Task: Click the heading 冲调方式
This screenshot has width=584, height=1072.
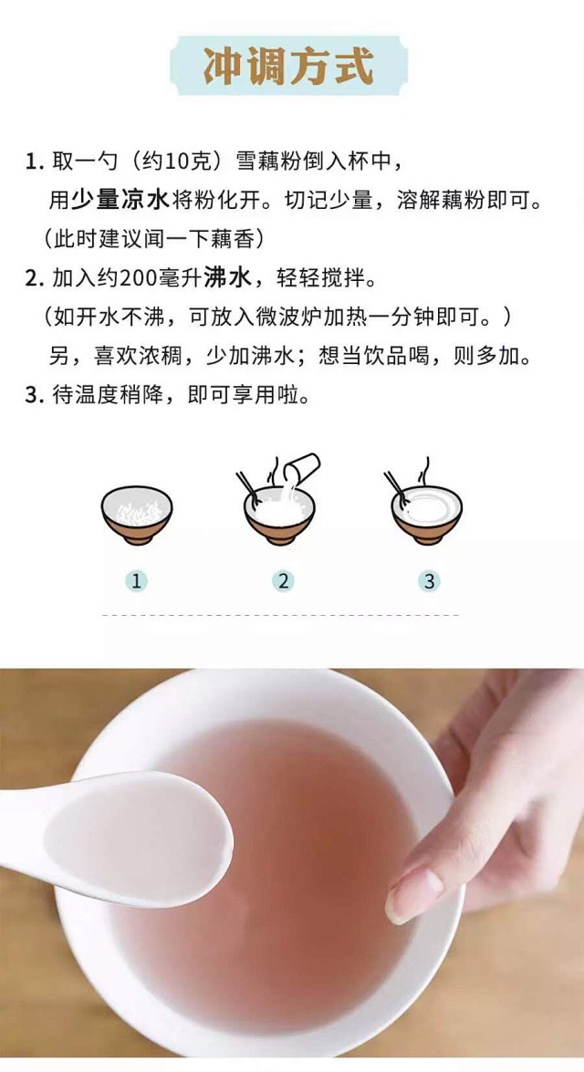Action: tap(288, 67)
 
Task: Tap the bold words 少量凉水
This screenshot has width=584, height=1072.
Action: tap(120, 201)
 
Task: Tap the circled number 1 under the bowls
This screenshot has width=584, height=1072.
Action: tap(136, 581)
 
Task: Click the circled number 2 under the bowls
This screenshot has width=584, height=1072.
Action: tap(283, 581)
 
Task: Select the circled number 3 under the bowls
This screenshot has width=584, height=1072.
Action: tap(429, 581)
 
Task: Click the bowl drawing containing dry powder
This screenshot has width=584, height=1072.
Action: tap(137, 515)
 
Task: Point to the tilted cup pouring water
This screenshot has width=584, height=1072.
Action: tap(301, 469)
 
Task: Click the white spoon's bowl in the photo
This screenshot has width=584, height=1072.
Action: tap(137, 839)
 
